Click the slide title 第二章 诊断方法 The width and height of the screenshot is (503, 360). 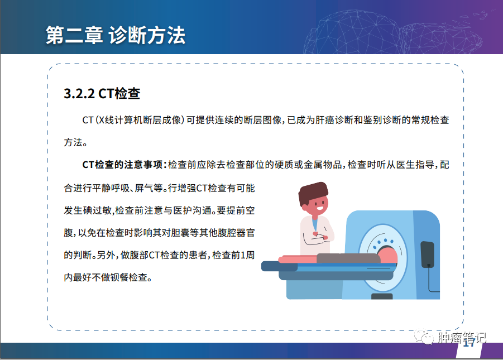(116, 35)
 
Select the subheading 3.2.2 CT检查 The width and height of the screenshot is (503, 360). (102, 94)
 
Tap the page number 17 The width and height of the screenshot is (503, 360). (469, 343)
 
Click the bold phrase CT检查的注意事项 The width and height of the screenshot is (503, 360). (122, 165)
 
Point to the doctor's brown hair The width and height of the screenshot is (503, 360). (313, 193)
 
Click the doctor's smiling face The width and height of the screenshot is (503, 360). (318, 206)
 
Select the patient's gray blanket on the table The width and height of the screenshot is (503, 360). (348, 258)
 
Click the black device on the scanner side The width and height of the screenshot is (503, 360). (427, 254)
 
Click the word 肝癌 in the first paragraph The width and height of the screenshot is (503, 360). (325, 120)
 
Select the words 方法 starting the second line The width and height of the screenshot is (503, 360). (73, 142)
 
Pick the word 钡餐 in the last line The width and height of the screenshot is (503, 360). (119, 277)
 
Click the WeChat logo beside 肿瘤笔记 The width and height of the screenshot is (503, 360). (423, 338)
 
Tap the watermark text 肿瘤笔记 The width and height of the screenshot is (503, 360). (462, 338)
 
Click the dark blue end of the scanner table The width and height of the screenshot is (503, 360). (279, 266)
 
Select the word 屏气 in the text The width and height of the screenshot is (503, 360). (143, 188)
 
